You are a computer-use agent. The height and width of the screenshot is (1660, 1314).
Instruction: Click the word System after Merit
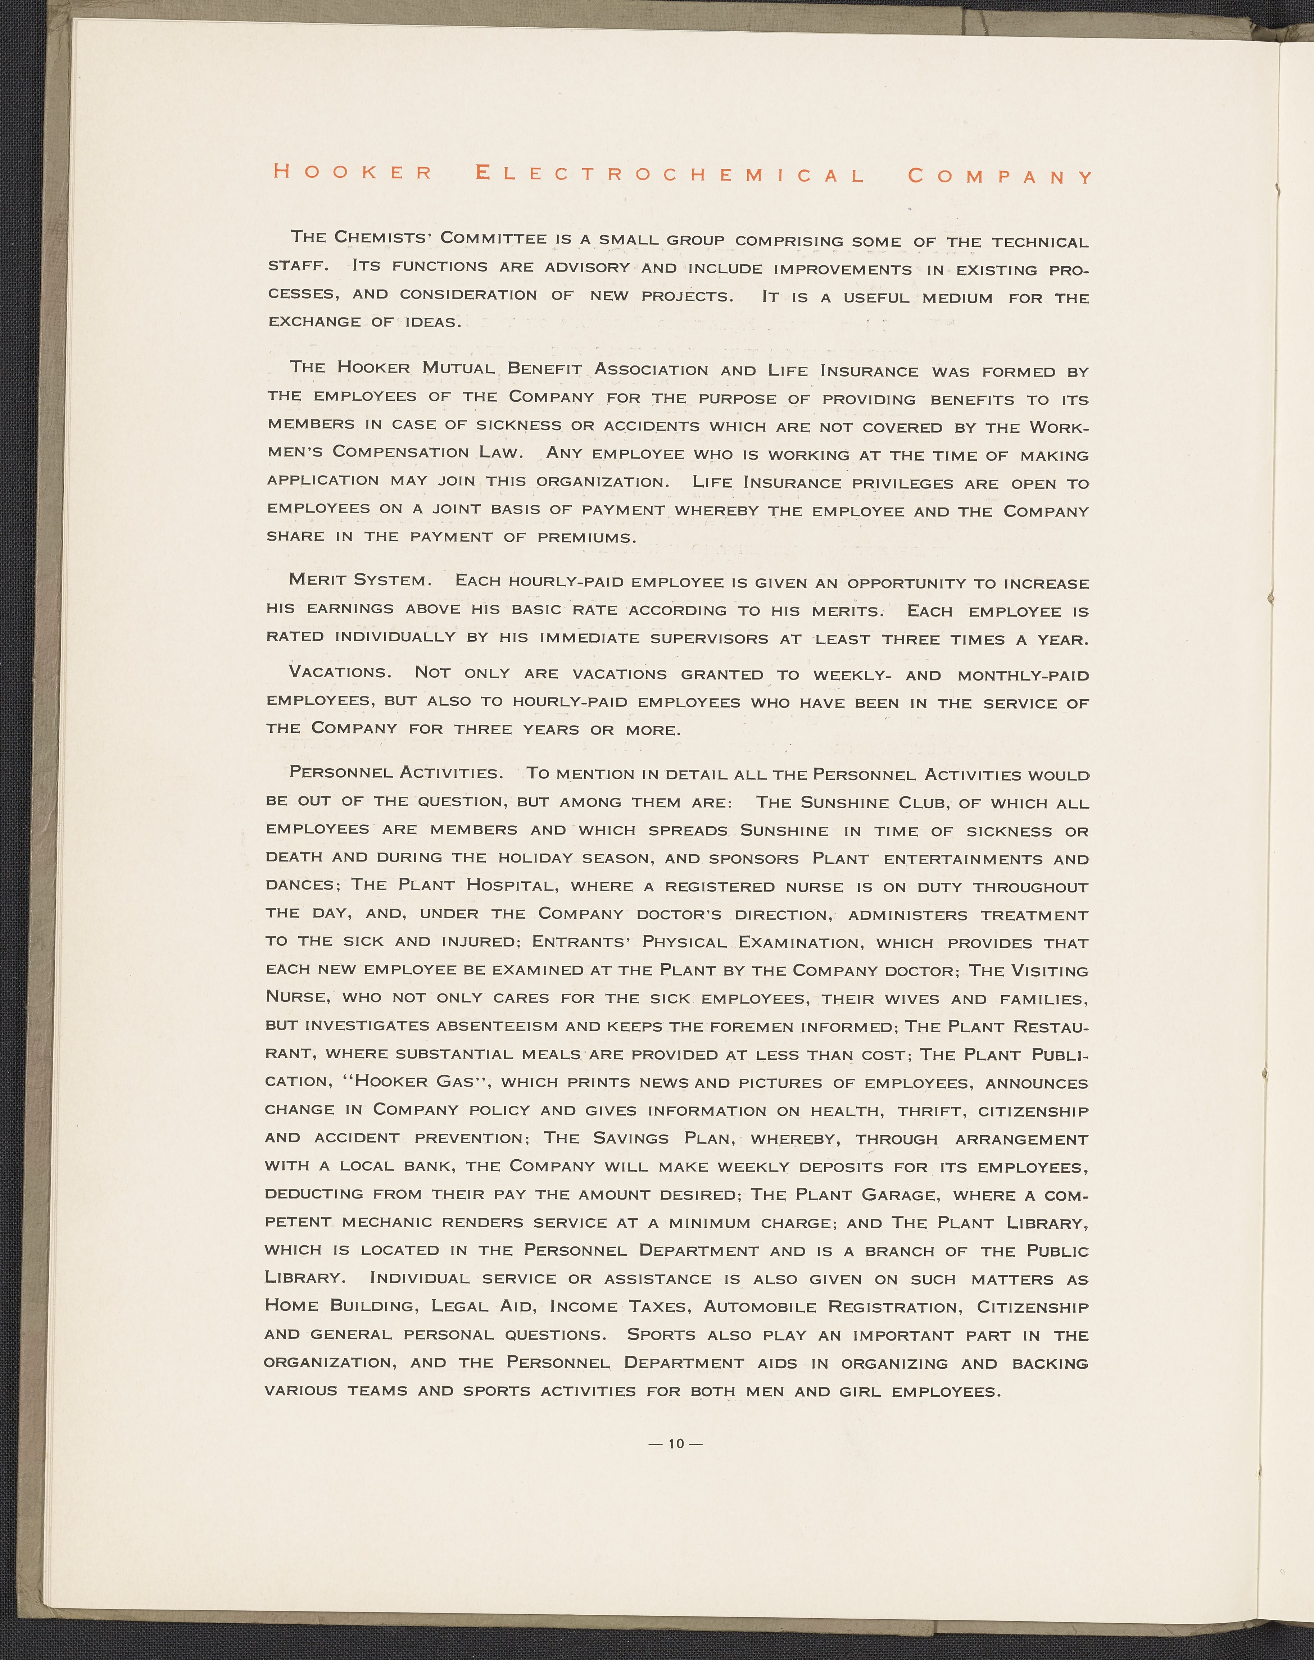coord(392,581)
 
